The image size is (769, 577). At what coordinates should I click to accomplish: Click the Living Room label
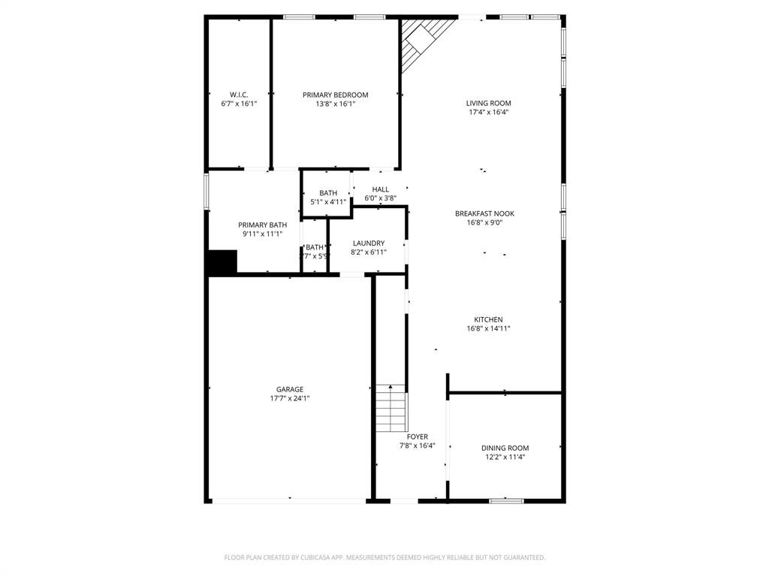click(x=488, y=104)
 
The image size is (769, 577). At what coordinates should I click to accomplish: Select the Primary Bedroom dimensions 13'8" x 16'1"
click(x=335, y=104)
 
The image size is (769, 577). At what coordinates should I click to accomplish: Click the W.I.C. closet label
click(x=239, y=95)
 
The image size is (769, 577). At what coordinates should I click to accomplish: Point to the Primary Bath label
click(x=262, y=225)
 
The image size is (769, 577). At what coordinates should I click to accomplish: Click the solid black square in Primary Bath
click(x=222, y=263)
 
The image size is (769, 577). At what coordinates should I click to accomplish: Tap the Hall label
click(x=381, y=189)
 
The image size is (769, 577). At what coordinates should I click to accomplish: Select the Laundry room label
click(x=368, y=243)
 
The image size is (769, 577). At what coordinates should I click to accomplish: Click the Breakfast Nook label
click(x=484, y=213)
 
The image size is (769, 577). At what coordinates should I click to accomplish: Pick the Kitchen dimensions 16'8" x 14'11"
click(x=488, y=328)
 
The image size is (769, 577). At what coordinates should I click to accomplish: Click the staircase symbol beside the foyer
click(x=391, y=409)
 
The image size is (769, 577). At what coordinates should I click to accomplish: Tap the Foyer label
click(x=418, y=437)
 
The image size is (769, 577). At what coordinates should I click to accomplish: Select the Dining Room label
click(x=505, y=448)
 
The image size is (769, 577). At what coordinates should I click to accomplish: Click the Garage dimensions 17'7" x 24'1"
click(x=290, y=399)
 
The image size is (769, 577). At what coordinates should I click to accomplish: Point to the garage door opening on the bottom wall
click(x=290, y=500)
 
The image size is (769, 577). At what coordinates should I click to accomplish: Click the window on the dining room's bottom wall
click(x=507, y=500)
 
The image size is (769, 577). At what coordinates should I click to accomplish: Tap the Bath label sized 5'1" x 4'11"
click(x=328, y=193)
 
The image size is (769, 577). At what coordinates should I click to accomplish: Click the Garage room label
click(x=290, y=389)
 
